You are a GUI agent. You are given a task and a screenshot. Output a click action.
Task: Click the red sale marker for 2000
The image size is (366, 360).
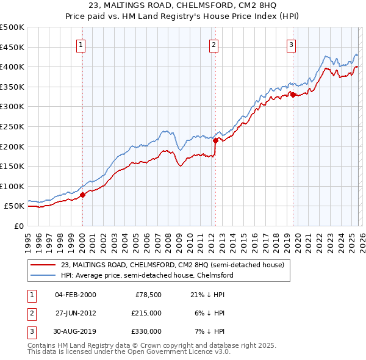[83, 195]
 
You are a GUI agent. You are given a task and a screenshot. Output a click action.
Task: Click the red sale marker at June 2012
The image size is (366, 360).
[216, 140]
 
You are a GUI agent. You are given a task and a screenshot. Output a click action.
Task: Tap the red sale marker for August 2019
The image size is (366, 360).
[293, 95]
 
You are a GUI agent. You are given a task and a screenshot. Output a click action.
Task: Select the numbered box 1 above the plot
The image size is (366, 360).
[82, 44]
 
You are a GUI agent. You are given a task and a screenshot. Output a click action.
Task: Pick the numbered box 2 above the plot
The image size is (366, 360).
[214, 44]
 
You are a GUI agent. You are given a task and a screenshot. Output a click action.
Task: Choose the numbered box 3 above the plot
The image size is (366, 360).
[292, 44]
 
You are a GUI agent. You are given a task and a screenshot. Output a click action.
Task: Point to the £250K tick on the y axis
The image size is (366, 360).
[12, 126]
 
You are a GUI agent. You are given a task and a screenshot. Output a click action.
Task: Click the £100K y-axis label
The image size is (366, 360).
[12, 186]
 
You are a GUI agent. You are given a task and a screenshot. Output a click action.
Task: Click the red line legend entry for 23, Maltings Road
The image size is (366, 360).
[172, 265]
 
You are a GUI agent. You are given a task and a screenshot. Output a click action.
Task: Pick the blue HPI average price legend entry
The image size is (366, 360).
[146, 276]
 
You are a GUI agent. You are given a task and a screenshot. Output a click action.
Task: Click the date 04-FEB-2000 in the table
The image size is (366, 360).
[75, 295]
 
